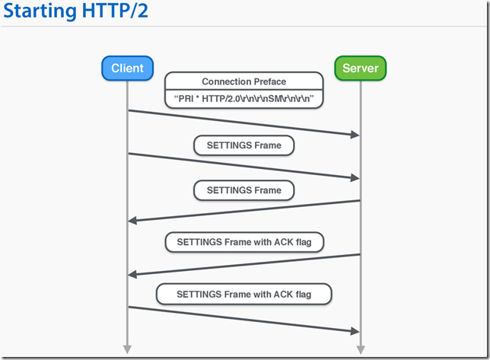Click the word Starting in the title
40,11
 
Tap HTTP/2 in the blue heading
115,11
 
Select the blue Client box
128,68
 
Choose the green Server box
361,68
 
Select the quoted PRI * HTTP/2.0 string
243,99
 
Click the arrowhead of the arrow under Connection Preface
355,135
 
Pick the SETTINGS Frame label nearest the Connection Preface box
244,145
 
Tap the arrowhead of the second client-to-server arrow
355,178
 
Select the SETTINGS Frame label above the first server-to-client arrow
244,190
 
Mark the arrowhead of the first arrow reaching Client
132,221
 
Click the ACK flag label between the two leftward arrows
244,242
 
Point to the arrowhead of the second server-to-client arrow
132,275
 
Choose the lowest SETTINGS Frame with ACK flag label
244,294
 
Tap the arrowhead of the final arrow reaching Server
355,331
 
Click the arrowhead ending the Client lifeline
127,349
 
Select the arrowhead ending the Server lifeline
361,349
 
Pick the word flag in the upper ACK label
304,243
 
